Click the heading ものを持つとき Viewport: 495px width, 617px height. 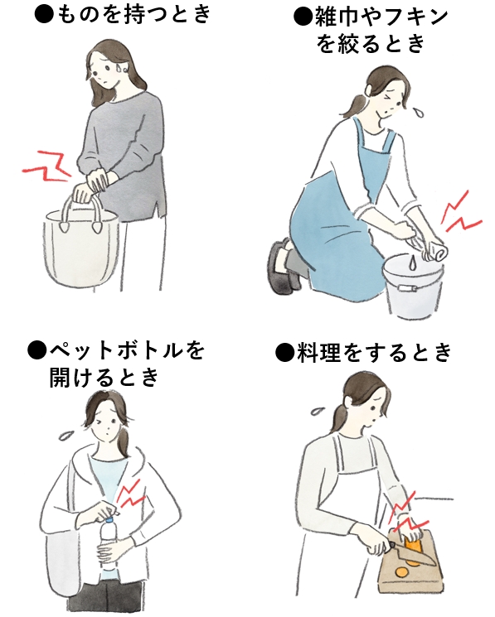click(133, 15)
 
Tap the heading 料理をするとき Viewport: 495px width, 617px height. click(373, 352)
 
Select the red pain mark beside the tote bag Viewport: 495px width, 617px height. click(46, 167)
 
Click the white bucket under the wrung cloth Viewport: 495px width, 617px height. click(414, 285)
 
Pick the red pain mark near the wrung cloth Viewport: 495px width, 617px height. click(460, 213)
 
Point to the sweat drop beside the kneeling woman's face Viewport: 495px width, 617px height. click(420, 111)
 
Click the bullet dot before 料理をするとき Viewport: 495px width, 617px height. click(284, 352)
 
